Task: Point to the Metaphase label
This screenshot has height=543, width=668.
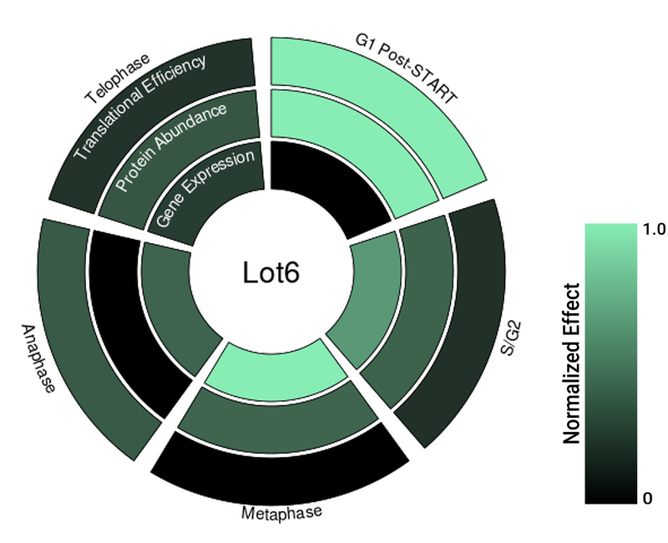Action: coord(281,511)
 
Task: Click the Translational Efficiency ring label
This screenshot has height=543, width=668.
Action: coord(139,106)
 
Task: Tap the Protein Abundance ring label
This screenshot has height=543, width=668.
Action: coord(171,147)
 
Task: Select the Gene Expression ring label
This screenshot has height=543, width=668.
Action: coord(205,189)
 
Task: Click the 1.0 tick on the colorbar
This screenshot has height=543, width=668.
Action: coord(654,230)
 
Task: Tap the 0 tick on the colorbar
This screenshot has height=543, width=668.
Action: coord(648,499)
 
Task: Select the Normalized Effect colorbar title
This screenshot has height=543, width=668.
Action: coord(572,363)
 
